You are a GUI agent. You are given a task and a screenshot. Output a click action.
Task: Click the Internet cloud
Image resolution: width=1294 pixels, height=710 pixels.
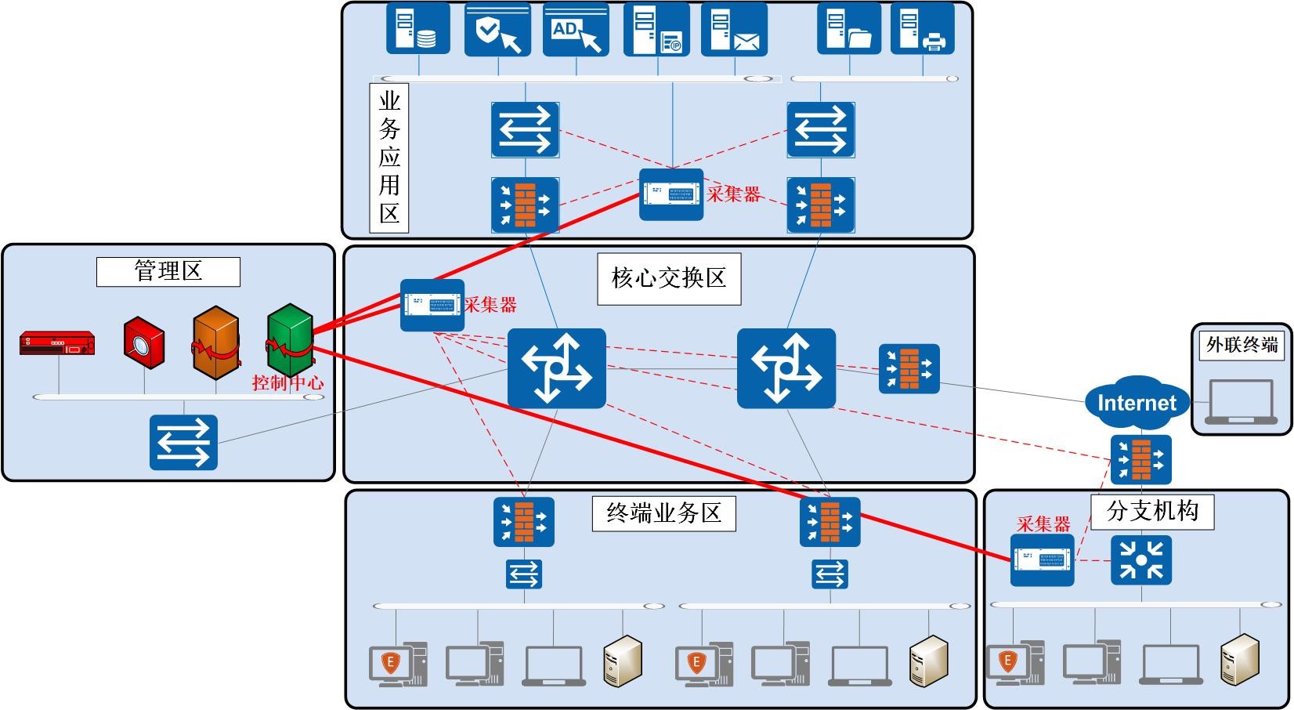[1137, 403]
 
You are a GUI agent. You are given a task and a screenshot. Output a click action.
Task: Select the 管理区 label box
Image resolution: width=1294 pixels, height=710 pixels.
[168, 272]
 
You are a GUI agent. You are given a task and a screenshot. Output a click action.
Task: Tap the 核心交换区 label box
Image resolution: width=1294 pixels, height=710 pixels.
[669, 278]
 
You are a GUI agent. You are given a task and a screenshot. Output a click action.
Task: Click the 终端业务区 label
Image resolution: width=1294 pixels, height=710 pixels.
[663, 513]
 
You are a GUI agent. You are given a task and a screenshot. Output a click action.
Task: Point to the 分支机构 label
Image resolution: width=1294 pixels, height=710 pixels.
[1152, 511]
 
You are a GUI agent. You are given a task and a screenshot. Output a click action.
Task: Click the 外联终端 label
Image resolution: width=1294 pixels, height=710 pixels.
[1242, 344]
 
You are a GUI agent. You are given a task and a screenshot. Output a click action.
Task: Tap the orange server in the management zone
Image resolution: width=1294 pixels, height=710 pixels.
[216, 343]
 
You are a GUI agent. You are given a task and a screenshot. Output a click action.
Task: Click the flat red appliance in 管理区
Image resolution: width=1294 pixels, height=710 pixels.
[57, 343]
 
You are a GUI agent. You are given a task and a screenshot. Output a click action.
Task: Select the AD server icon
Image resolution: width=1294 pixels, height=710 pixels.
[576, 30]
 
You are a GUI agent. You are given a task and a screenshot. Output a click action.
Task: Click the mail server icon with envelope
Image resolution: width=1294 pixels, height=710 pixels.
[734, 30]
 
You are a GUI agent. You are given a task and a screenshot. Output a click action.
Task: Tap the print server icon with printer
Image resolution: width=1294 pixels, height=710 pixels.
[923, 30]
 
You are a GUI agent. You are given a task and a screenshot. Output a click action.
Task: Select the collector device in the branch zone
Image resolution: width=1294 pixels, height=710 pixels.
[1042, 560]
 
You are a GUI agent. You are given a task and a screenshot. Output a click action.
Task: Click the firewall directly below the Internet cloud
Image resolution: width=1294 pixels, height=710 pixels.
[1141, 460]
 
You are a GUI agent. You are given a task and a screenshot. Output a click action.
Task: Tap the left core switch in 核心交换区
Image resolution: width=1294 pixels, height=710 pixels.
[556, 368]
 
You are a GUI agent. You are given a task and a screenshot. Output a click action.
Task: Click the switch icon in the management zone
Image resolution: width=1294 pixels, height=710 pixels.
[183, 443]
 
